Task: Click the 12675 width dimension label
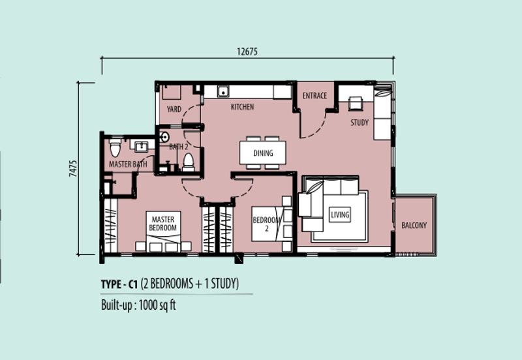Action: tap(247, 52)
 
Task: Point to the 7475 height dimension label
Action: tap(73, 168)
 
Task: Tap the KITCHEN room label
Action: tap(242, 107)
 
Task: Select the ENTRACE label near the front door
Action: tap(315, 96)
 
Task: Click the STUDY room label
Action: tap(360, 123)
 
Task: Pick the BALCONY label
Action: tap(414, 226)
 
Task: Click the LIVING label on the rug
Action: tap(340, 215)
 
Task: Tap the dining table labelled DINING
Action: tap(263, 153)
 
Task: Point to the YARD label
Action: tap(174, 109)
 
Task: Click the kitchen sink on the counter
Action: tap(223, 91)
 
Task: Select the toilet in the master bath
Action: tap(115, 147)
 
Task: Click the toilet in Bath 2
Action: tap(189, 162)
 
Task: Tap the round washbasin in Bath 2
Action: tap(164, 137)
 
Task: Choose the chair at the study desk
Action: tap(355, 103)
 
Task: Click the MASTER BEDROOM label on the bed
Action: tap(162, 224)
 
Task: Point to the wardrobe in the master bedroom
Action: tap(111, 226)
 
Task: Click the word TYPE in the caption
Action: tap(111, 285)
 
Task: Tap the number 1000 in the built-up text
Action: tap(147, 305)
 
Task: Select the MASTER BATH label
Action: tap(128, 164)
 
